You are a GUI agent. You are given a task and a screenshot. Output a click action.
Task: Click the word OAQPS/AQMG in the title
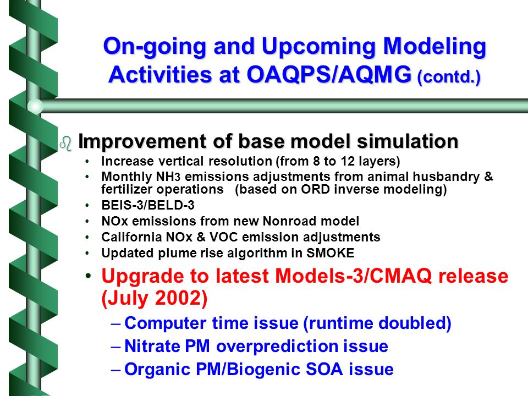[329, 74]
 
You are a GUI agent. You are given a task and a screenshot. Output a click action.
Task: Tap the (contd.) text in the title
[449, 77]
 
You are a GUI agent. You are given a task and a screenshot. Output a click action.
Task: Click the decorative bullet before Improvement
[66, 144]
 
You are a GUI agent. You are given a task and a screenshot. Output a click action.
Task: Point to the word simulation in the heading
[408, 141]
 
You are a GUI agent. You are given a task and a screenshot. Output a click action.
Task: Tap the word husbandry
[446, 177]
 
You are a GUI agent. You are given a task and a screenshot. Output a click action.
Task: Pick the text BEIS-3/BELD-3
[148, 205]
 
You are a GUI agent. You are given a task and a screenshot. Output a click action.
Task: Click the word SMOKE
[330, 253]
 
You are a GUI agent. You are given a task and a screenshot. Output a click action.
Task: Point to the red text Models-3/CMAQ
[353, 276]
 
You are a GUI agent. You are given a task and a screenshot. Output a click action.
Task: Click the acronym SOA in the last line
[324, 369]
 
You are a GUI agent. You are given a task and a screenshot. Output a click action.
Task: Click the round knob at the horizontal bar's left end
[35, 106]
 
